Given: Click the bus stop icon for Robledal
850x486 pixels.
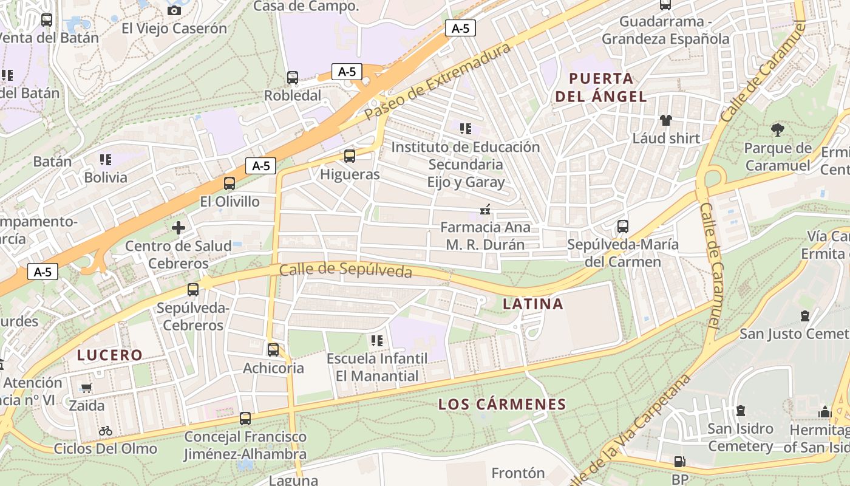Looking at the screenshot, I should point(293,78).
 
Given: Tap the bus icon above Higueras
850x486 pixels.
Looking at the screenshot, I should point(350,156).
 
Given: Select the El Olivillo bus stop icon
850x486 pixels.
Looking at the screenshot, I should point(229,183).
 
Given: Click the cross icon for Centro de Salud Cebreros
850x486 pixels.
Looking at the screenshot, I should point(178,228).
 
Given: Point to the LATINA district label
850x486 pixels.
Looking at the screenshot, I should point(533,304).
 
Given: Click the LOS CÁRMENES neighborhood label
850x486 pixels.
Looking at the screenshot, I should point(502,404).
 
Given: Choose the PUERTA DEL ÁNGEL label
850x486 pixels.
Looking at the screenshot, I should point(601,87).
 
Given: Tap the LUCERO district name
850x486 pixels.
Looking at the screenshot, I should point(110,355).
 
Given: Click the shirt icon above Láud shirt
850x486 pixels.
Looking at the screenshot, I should point(666,120).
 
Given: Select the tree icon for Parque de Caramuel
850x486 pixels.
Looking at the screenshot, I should point(777,129).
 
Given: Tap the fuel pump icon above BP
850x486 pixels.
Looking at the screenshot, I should point(679,462).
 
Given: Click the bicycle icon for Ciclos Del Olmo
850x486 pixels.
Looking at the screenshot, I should point(106,431).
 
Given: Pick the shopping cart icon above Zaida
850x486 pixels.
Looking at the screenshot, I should point(87,388).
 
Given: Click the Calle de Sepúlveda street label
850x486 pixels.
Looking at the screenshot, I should point(345,270).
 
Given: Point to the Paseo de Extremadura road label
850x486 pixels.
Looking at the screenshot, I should point(438,81).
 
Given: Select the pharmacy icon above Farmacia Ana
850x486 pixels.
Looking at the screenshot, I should point(485,210).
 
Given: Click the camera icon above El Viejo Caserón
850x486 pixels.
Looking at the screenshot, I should point(174,10).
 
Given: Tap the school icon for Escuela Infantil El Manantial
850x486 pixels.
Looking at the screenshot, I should point(377,341).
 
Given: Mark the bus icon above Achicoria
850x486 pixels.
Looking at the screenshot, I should point(273,350).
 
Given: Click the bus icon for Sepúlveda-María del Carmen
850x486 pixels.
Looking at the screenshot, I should point(623,227).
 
